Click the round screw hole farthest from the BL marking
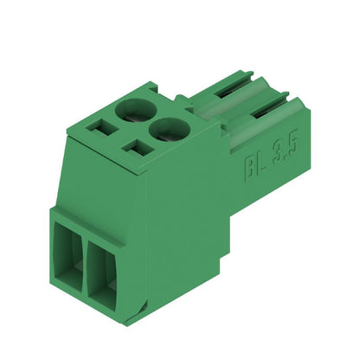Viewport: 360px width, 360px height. pos(133,108)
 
